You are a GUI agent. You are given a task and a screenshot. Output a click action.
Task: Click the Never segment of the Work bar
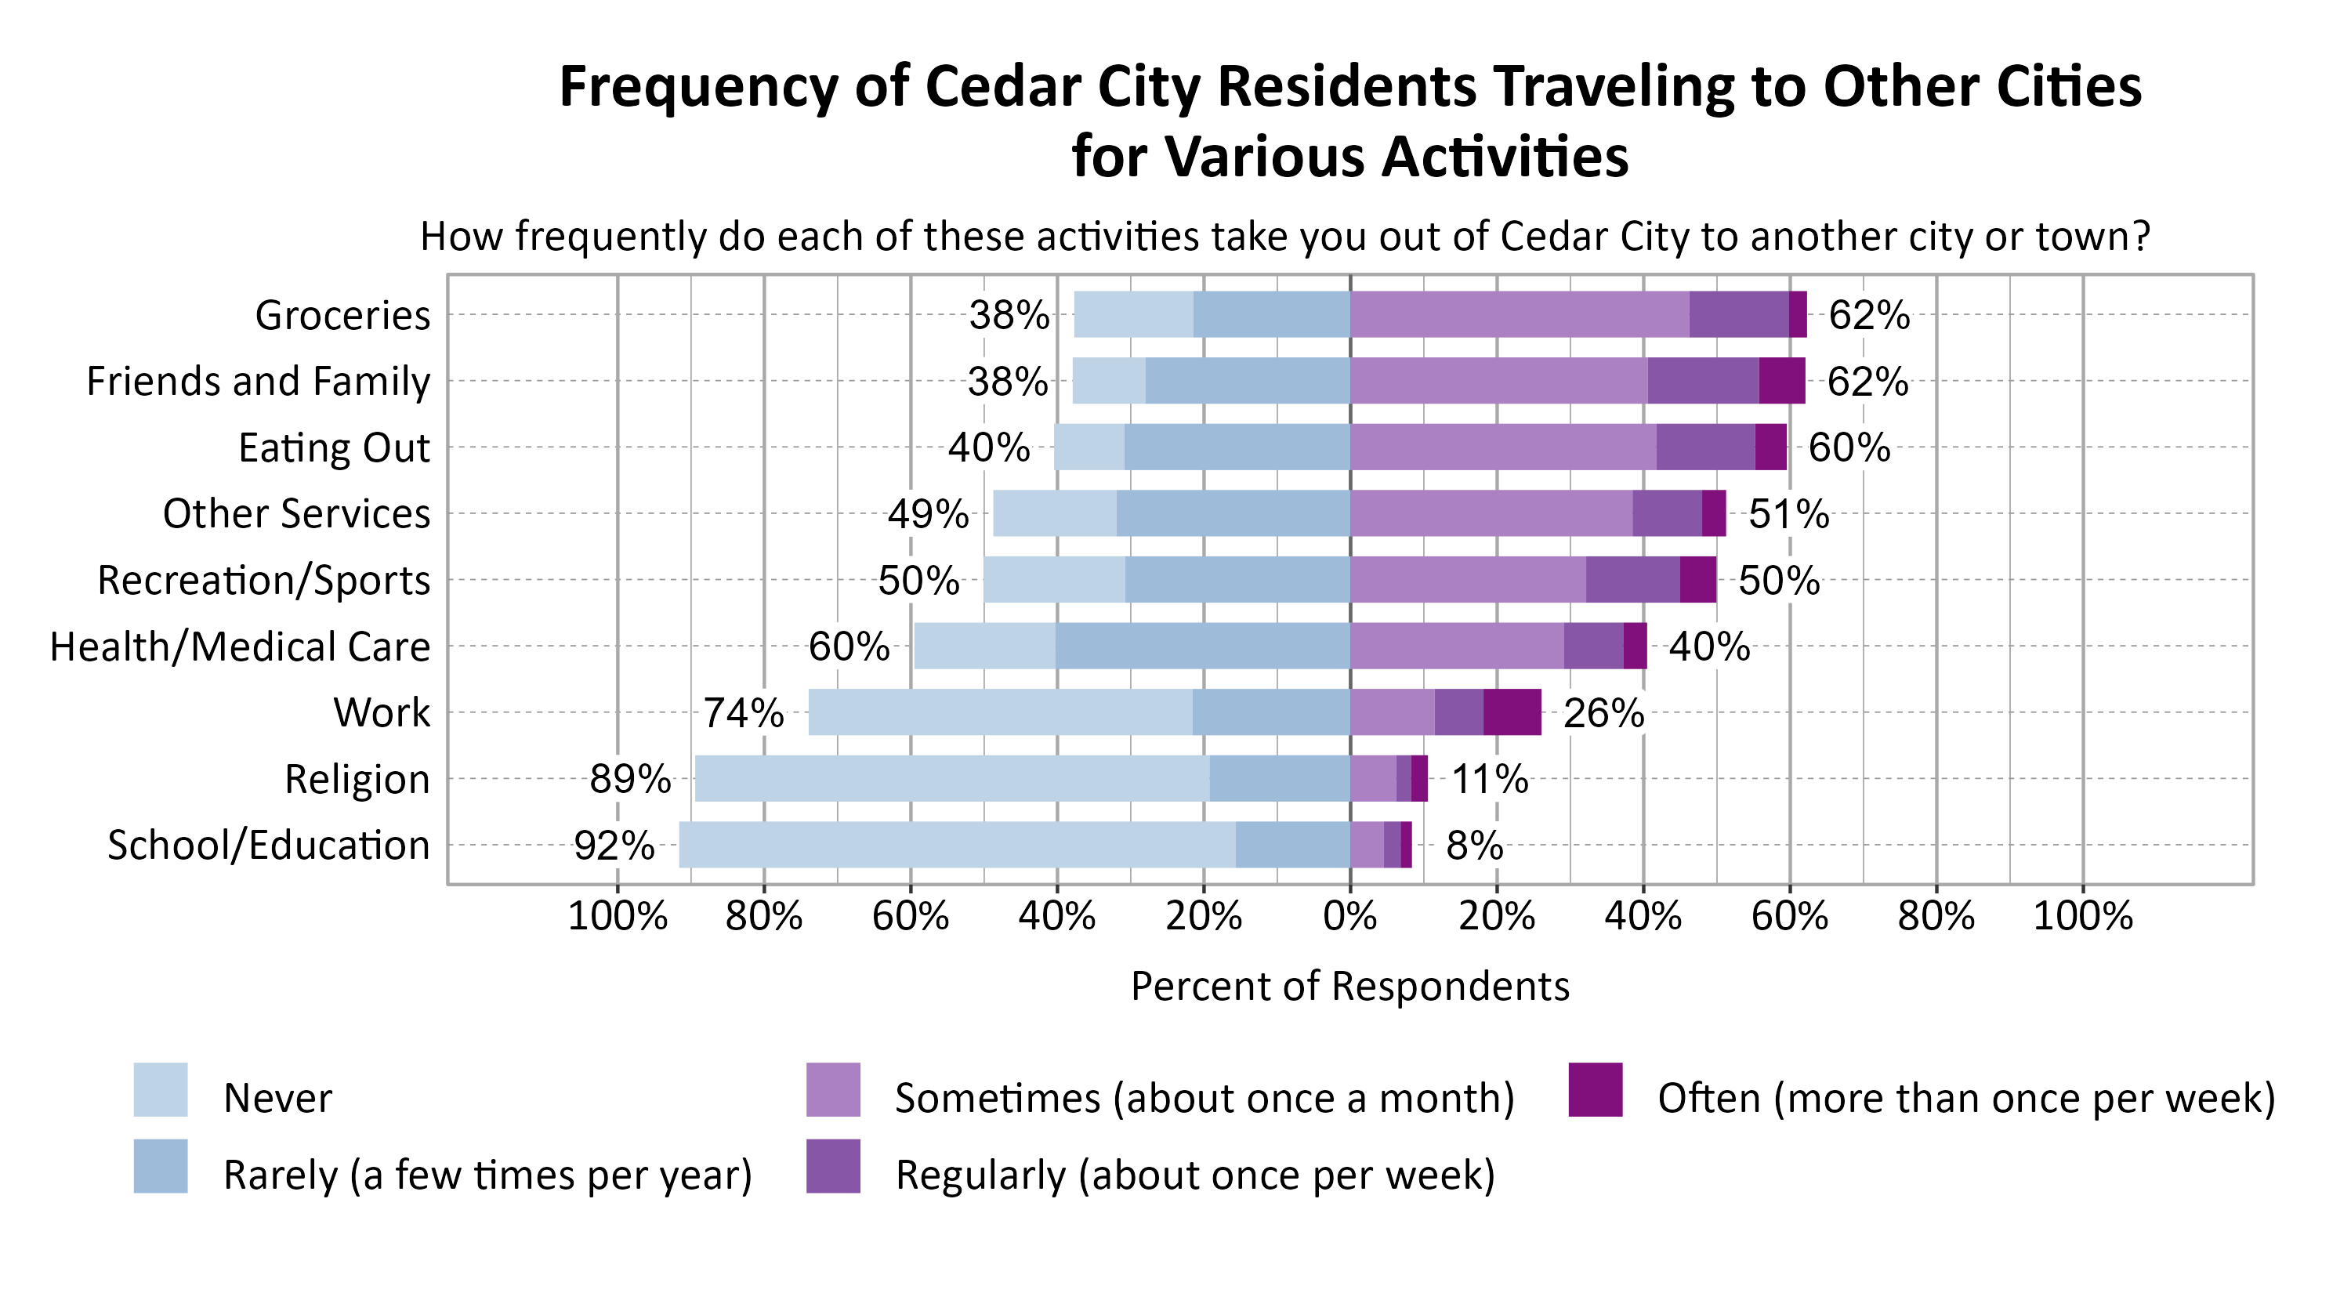tap(999, 712)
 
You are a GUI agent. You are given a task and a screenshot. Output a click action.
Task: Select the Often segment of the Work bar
tap(1512, 712)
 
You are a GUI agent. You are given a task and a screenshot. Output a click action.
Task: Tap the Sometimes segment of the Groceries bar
tap(1519, 314)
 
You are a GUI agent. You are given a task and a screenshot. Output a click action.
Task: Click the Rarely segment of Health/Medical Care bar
tap(1202, 646)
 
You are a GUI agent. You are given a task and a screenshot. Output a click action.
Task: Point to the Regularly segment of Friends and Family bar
tap(1702, 381)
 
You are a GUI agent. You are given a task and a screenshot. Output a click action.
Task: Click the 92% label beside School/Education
tap(614, 846)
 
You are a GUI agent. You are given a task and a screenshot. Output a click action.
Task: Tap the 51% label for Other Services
tap(1788, 515)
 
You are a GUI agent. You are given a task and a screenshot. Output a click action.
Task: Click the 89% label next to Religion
tap(630, 779)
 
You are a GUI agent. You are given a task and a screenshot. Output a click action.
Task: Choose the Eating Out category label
tap(333, 448)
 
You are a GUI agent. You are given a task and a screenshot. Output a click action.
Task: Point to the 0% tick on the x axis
tap(1349, 915)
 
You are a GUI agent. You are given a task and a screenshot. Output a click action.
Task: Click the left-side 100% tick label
tap(617, 915)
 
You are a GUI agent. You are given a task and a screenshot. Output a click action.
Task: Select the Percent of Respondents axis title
tap(1349, 987)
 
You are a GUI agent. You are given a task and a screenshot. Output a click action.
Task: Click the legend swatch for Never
tap(161, 1089)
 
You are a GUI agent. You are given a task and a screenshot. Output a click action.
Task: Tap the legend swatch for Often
tap(1595, 1089)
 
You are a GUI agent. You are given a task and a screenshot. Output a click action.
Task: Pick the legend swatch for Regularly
tap(832, 1166)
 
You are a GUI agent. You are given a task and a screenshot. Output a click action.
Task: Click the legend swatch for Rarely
tap(161, 1166)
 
